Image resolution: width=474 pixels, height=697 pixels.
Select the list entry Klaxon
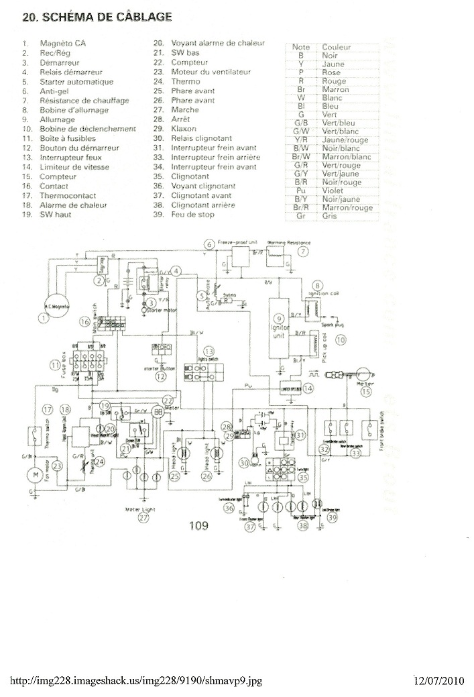(184, 128)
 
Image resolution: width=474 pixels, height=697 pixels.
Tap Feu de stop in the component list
(192, 215)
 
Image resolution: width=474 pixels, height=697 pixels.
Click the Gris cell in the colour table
(329, 216)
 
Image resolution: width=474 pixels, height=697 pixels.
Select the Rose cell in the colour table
(331, 72)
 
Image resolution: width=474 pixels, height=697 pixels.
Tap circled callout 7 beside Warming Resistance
(303, 252)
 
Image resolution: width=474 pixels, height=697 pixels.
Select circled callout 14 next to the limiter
(308, 388)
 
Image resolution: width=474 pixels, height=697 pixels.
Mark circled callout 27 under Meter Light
(143, 518)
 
